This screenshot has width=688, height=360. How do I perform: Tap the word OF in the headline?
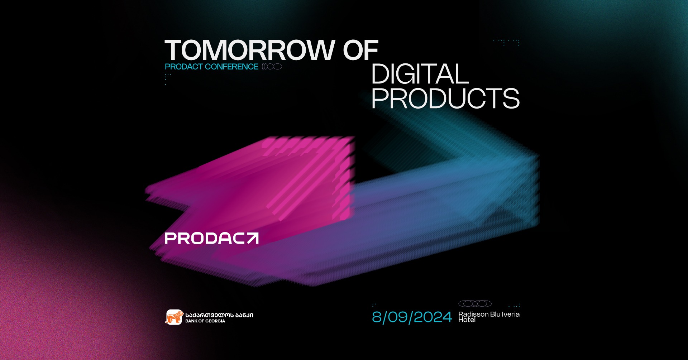(x=360, y=50)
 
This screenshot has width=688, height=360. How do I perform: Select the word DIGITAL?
(x=420, y=74)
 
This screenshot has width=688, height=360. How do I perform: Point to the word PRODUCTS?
(x=445, y=98)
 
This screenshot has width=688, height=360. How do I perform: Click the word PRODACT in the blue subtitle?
(x=184, y=67)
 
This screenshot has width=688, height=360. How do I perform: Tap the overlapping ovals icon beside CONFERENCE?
(x=272, y=67)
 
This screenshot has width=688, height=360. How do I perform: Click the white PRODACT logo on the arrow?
(x=211, y=239)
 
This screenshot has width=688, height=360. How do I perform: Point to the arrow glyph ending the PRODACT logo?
(x=252, y=239)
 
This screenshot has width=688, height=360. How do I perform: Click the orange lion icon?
(x=174, y=317)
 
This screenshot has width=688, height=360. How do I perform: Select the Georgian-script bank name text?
(x=219, y=315)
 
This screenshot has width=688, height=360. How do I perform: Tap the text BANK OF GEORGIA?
(x=205, y=321)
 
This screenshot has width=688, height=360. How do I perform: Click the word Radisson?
(x=473, y=314)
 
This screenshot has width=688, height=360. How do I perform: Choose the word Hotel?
(x=467, y=320)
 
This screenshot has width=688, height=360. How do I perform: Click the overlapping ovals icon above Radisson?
(x=475, y=304)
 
